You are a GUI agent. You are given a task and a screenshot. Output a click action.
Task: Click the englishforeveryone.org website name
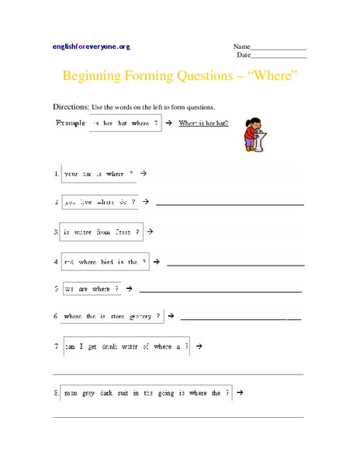click(x=91, y=47)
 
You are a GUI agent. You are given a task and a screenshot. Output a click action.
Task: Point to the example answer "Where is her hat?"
click(x=203, y=123)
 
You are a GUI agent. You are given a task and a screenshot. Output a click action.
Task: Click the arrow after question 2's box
click(x=145, y=203)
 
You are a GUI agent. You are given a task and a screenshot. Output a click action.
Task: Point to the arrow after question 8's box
click(x=241, y=393)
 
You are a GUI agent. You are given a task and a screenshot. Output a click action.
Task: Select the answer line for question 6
click(x=241, y=319)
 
